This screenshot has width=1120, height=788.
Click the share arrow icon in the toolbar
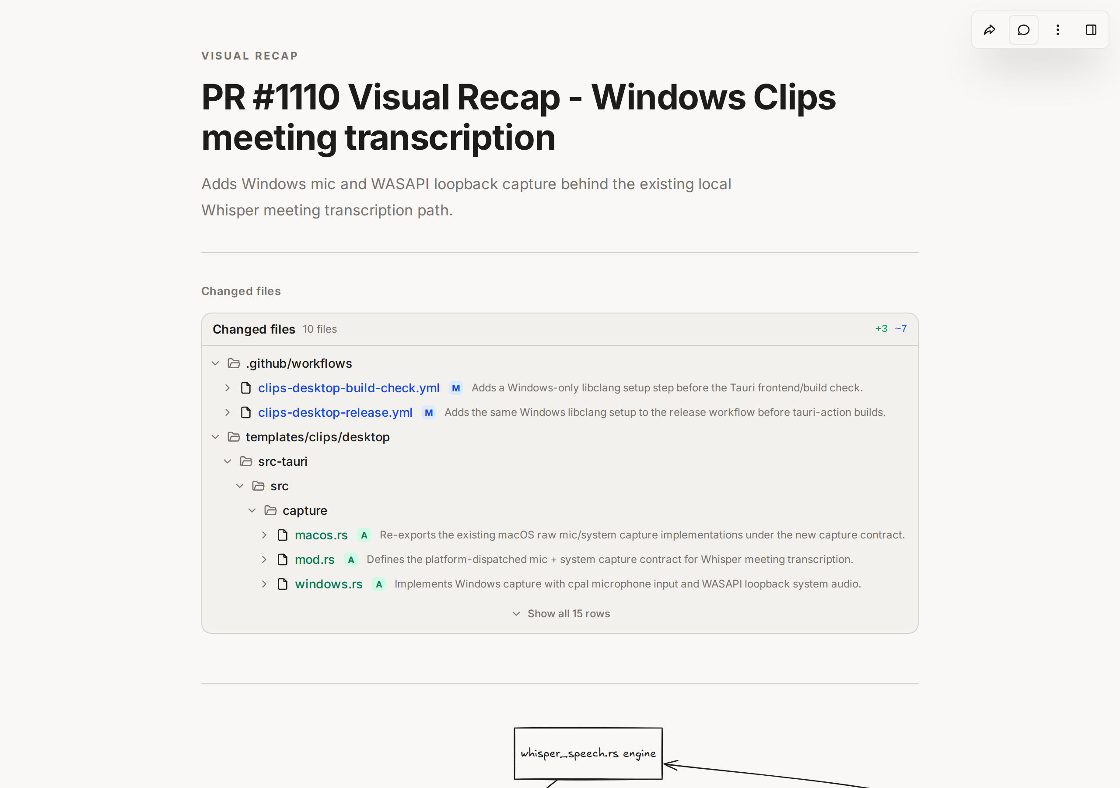click(989, 30)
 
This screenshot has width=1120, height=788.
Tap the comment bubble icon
click(1023, 30)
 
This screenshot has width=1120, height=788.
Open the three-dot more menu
click(1057, 30)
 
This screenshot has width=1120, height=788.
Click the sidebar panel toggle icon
click(1091, 30)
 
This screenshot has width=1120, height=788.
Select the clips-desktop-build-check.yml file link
click(349, 388)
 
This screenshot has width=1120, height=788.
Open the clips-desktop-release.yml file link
click(335, 412)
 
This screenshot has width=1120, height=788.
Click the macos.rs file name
click(321, 535)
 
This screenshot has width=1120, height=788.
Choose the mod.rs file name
click(315, 559)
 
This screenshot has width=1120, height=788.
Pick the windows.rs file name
click(329, 584)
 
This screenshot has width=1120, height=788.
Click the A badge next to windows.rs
click(379, 584)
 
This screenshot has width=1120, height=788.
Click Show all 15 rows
click(568, 614)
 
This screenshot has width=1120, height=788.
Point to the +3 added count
click(881, 329)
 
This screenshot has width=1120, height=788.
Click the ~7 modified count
click(900, 329)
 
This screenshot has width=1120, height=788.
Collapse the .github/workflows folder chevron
click(215, 363)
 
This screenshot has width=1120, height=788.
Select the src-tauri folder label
click(283, 461)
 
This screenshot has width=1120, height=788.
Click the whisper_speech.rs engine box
click(588, 753)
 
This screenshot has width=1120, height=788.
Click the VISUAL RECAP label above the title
click(250, 56)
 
